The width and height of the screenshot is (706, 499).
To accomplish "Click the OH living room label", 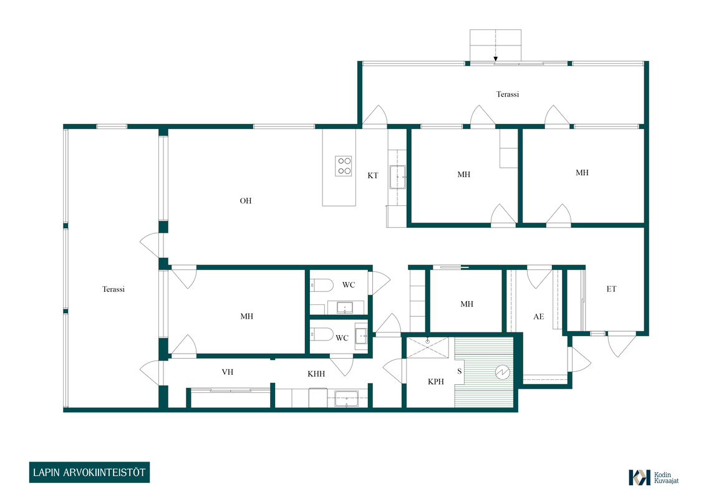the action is coord(245,201).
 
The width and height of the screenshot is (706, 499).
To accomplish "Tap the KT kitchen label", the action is coord(373,176).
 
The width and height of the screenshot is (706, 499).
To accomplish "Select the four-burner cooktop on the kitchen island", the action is coord(344,166).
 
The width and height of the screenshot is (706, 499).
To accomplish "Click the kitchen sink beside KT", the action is coord(397,177).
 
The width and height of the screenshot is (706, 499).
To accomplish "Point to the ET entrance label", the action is coord(611,289).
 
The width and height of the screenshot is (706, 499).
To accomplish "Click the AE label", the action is coord(538,317).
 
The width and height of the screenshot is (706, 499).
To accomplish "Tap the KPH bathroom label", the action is coord(436,382).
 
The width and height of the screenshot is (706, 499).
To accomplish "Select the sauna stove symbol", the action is coord(503,372).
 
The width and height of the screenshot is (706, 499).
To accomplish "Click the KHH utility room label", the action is coord(316,374).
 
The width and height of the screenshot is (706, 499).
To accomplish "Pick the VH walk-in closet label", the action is coord(228,372).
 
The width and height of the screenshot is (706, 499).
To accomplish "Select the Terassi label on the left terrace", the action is coord(113,289).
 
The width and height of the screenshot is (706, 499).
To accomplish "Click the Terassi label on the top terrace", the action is coord(508,94).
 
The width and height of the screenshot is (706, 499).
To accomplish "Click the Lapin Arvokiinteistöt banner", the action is coord(89,472).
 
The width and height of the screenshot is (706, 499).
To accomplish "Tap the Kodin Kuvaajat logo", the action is coord(654,477).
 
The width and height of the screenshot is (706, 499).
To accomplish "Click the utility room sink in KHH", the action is coord(346,399).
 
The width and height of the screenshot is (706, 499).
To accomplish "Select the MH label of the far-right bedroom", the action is coord(582,173).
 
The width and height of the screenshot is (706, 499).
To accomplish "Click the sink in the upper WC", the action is coord(345,308).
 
